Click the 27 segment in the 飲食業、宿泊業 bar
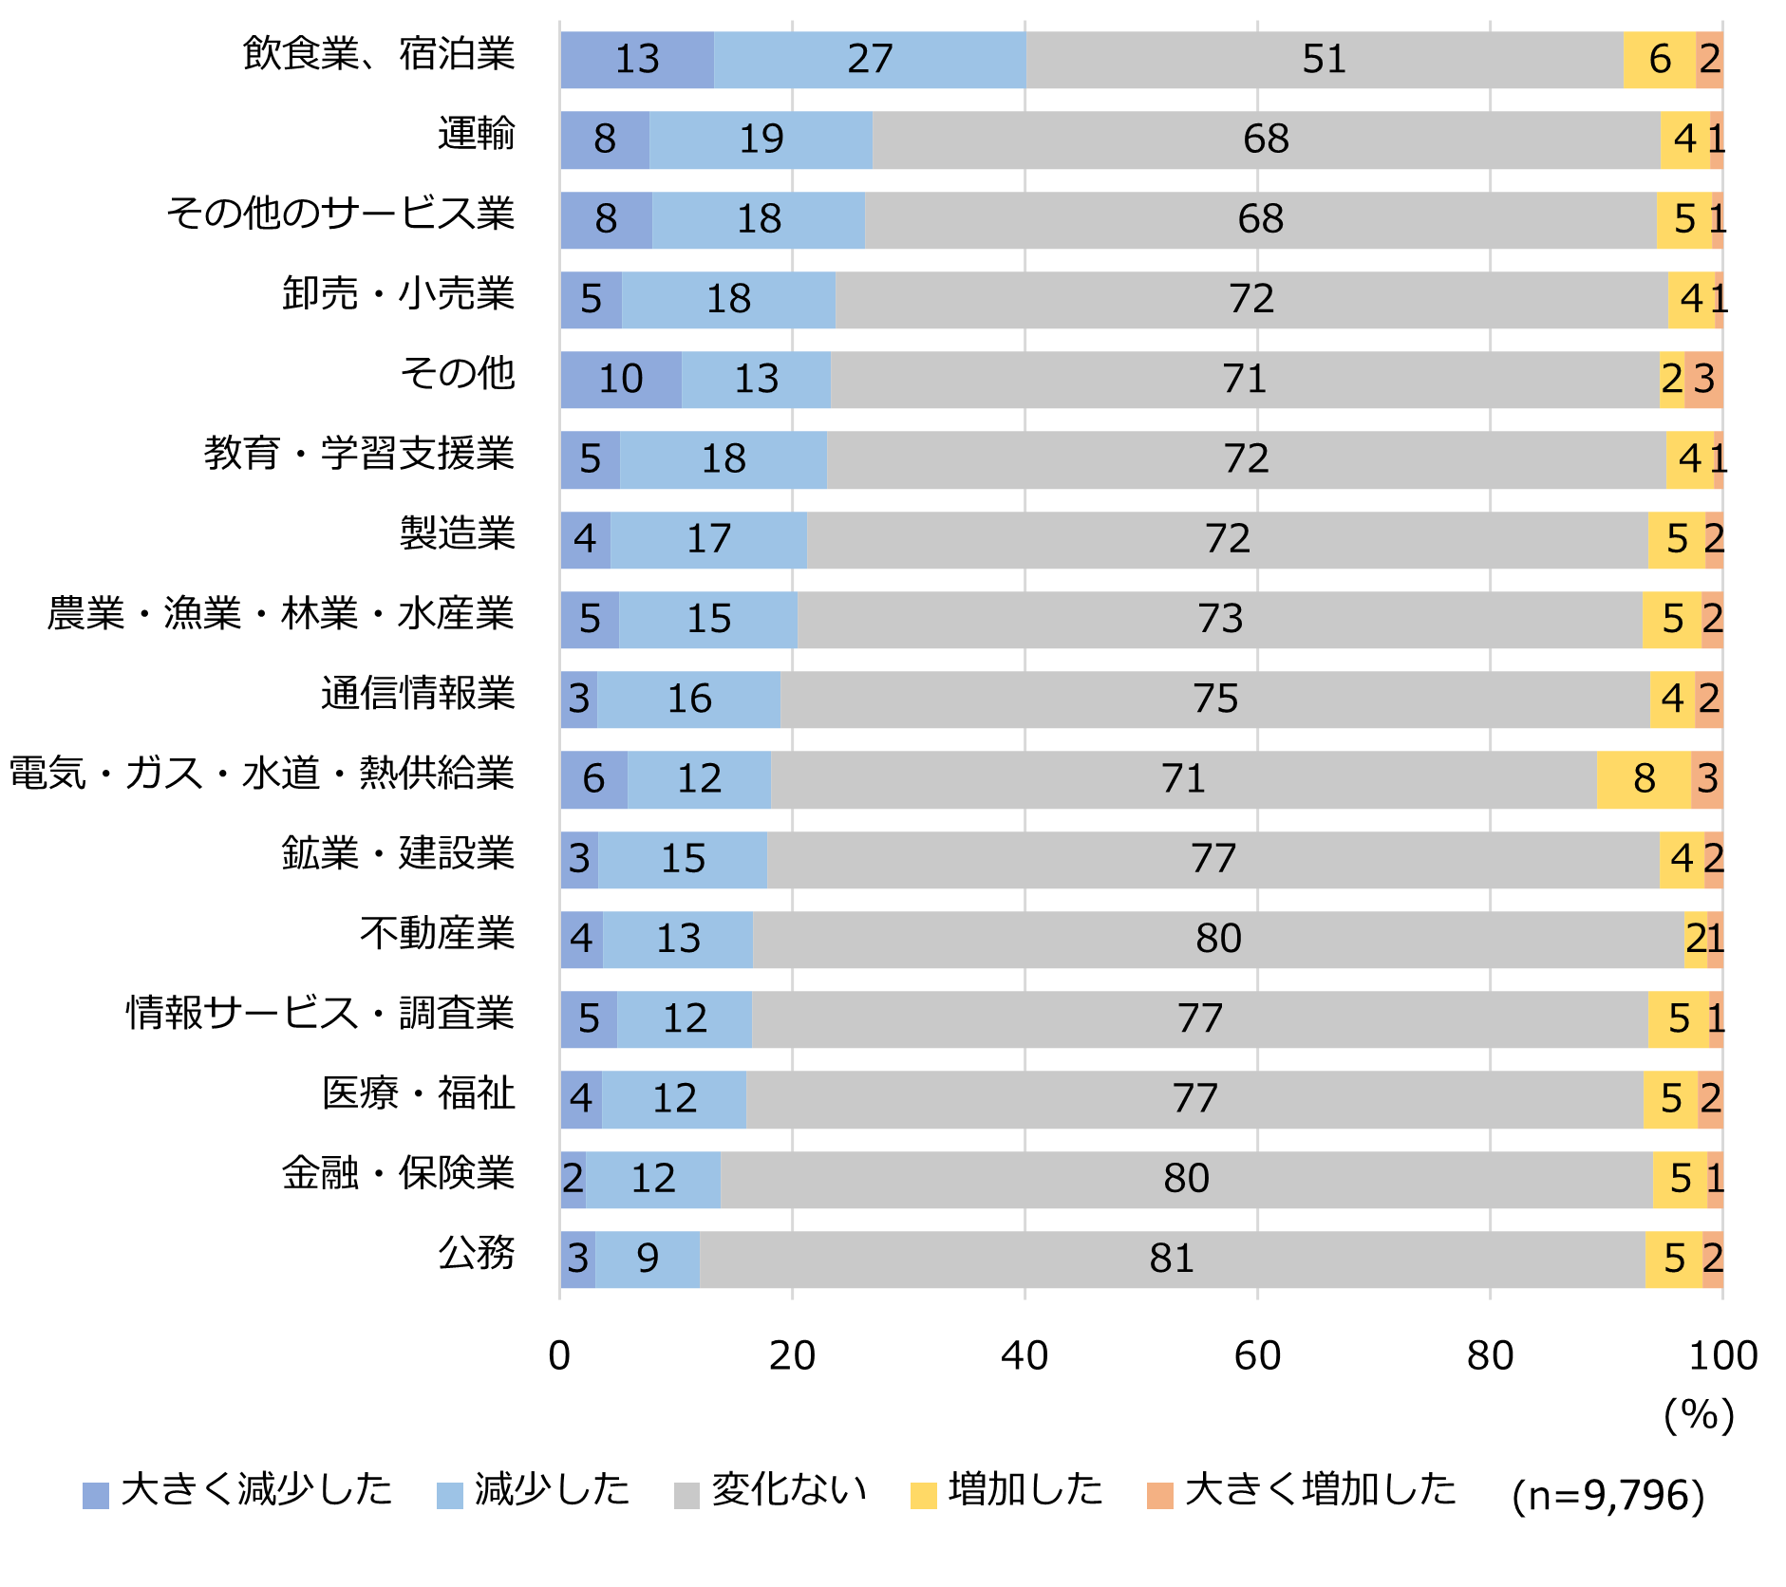pyautogui.click(x=870, y=60)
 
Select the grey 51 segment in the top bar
pyautogui.click(x=1324, y=60)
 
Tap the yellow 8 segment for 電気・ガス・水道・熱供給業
pyautogui.click(x=1644, y=779)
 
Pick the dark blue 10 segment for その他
pyautogui.click(x=621, y=380)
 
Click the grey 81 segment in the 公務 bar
pyautogui.click(x=1172, y=1260)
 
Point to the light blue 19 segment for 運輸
pyautogui.click(x=761, y=140)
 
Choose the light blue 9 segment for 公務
pyautogui.click(x=648, y=1260)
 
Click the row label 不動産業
pyautogui.click(x=437, y=934)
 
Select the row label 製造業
pyautogui.click(x=457, y=533)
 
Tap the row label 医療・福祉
pyautogui.click(x=418, y=1093)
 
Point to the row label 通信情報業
pyautogui.click(x=418, y=694)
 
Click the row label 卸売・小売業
pyautogui.click(x=398, y=294)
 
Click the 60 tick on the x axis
pyautogui.click(x=1257, y=1356)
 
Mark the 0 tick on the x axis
pyautogui.click(x=559, y=1356)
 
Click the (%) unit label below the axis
pyautogui.click(x=1699, y=1415)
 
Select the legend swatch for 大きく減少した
pyautogui.click(x=96, y=1495)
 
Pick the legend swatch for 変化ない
pyautogui.click(x=686, y=1495)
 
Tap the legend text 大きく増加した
pyautogui.click(x=1320, y=1489)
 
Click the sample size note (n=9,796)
pyautogui.click(x=1608, y=1496)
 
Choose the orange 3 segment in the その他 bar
pyautogui.click(x=1703, y=380)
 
